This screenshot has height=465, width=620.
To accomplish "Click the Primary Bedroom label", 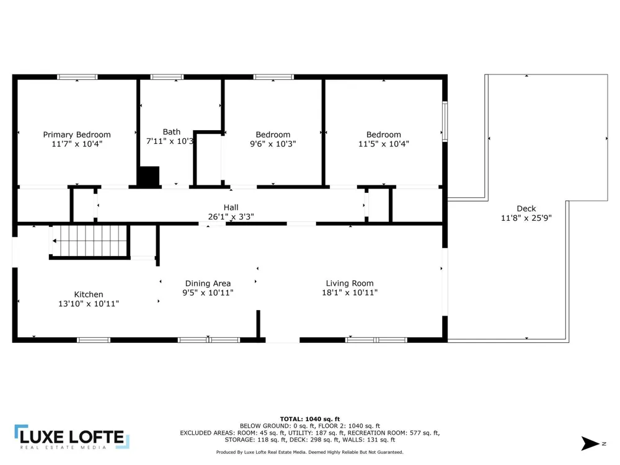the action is coord(77,135).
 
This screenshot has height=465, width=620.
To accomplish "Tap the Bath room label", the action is coord(171,131).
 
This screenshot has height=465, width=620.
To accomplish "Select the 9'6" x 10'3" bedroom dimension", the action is coord(273,144).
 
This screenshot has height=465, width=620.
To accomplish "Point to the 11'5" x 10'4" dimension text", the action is coord(384,144).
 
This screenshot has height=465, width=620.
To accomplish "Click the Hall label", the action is coord(231,207).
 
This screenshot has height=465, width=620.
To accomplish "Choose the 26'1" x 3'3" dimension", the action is coord(231,216).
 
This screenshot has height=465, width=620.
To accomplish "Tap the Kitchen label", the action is coord(89,294).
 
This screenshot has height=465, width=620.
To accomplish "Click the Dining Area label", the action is coord(208,283).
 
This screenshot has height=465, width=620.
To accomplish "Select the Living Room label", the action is coord(350,283).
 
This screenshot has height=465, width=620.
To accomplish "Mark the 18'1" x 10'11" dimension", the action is coord(350,293).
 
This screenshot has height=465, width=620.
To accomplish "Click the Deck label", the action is coord(526,208).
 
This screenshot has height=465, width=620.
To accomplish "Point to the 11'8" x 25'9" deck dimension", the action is coord(526,218).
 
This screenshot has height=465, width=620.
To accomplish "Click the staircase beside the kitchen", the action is coord(90,241).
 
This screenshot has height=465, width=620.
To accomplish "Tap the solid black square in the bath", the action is coord(148,176).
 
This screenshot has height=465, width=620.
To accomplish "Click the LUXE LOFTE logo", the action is coord(72,437).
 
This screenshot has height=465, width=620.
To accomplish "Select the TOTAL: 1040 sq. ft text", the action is coord(310,419).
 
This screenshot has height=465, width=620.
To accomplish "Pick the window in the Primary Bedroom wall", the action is coord(77,77).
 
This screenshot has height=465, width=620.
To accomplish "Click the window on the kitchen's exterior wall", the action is coord(94,340).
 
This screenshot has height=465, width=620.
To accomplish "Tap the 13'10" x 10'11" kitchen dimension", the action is coord(89,304).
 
